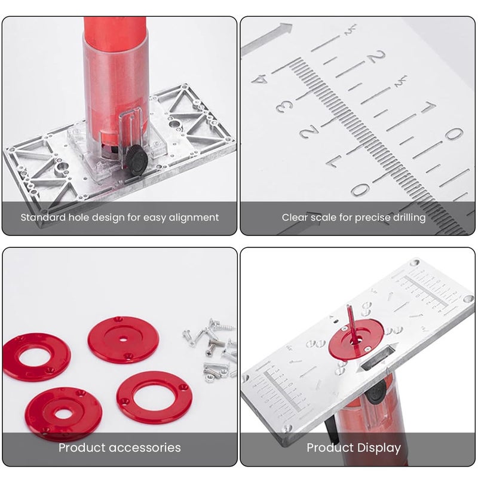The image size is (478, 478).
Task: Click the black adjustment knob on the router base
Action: coord(138,160)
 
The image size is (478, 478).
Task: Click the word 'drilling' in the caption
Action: coord(406,217)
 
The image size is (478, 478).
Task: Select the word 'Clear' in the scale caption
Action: coord(296,217)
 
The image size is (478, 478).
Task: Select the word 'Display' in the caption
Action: coord(379,448)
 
